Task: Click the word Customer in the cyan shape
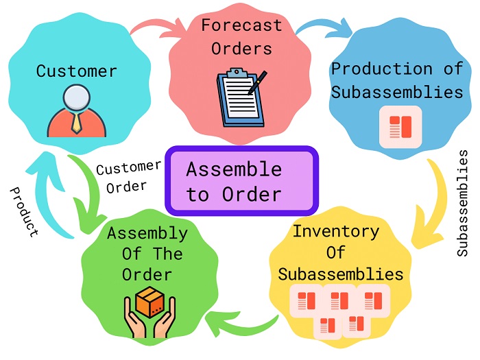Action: (76, 71)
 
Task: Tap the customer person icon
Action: (77, 110)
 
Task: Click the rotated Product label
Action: (25, 211)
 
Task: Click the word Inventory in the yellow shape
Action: (335, 230)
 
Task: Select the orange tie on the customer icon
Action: (77, 124)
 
